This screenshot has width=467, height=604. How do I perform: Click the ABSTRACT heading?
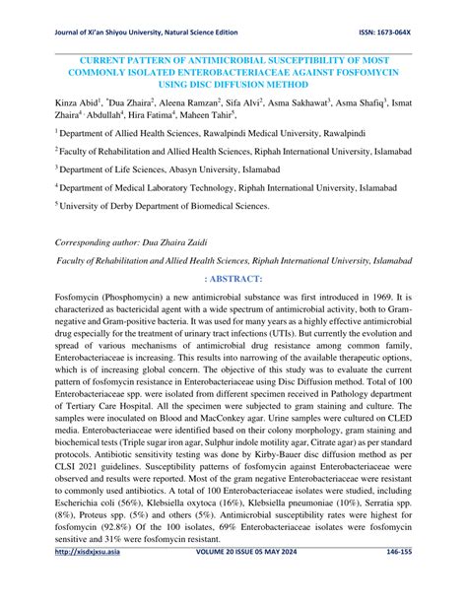point(235,279)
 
